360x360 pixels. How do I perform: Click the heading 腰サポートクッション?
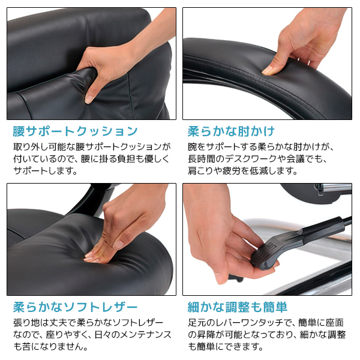tap(75, 131)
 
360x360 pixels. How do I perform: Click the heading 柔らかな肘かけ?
tap(231, 131)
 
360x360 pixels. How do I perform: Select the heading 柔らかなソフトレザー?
tap(75, 307)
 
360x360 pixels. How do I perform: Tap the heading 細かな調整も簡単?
tap(238, 307)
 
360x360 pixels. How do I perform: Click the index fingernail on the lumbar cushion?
tap(89, 99)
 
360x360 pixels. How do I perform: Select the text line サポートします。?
tap(45, 171)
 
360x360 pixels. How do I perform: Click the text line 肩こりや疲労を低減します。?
tap(242, 171)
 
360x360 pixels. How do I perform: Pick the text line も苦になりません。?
tap(50, 347)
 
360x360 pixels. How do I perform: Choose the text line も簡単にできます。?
tap(225, 347)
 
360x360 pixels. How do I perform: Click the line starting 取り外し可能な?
tap(92, 147)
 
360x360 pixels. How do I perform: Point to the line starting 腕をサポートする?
tap(261, 147)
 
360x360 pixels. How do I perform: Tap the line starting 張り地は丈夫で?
tap(88, 323)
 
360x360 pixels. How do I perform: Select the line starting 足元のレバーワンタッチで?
tap(266, 323)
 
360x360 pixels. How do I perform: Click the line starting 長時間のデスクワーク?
tap(257, 159)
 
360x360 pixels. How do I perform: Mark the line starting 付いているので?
tap(91, 159)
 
